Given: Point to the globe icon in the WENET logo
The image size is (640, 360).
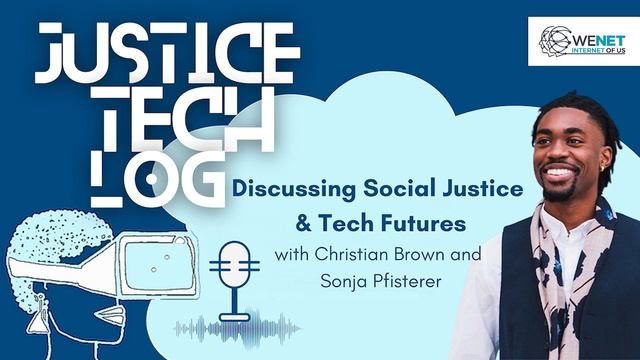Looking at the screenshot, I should (x=554, y=40).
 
